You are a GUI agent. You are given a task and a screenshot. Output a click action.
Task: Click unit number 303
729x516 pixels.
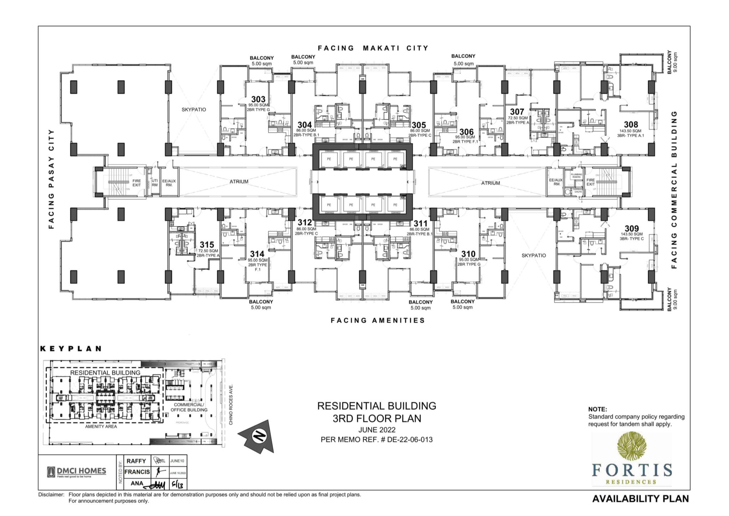coord(258,99)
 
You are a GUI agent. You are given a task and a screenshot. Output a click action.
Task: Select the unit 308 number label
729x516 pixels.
coord(631,124)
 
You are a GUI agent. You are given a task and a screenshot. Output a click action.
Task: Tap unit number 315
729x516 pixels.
coord(207,245)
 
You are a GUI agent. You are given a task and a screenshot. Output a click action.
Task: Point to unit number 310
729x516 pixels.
coord(468,254)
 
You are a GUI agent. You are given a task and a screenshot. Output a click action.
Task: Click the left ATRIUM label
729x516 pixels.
coord(239,182)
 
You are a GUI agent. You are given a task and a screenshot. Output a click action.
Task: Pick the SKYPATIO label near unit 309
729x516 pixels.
coord(533,255)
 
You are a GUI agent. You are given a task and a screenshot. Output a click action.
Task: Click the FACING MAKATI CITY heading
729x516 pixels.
coord(373,48)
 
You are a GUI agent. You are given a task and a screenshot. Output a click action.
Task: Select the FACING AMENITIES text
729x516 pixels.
coord(378,320)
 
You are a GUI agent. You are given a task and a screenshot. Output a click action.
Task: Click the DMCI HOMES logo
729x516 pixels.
coord(77,472)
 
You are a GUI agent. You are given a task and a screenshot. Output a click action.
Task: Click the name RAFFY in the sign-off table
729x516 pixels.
coord(136,461)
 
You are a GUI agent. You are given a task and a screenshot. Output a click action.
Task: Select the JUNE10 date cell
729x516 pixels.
coord(177,461)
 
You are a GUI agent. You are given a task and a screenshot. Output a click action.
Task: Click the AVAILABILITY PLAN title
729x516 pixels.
coord(640,499)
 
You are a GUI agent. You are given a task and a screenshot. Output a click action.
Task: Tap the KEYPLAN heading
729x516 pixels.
coord(71,348)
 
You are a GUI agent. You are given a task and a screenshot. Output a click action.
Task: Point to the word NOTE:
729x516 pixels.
coord(597,409)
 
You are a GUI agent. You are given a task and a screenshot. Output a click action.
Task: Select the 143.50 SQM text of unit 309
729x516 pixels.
coord(631,234)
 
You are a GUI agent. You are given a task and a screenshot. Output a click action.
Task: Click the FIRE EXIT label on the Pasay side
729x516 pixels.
coord(136,183)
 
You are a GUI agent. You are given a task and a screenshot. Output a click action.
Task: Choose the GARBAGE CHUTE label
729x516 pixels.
coord(578,191)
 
